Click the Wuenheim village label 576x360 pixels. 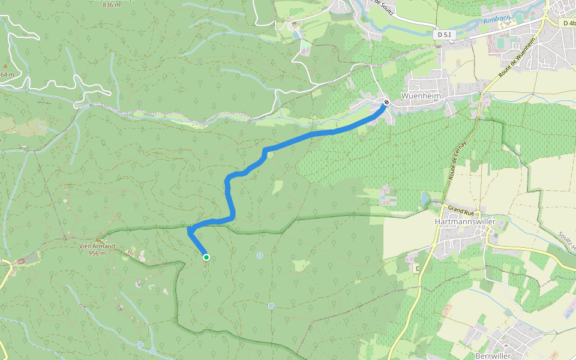point(421,96)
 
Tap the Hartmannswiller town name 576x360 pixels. point(464,221)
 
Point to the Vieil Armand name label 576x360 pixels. point(97,246)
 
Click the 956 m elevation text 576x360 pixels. point(97,253)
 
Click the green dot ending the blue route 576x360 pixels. point(206,257)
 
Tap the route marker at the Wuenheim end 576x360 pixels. point(386,102)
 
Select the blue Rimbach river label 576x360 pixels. point(497,19)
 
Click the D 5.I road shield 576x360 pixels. point(444,35)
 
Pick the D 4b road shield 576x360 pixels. point(569,23)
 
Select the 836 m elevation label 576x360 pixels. point(112,5)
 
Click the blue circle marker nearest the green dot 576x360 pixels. point(260,256)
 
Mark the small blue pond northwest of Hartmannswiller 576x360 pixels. point(425,197)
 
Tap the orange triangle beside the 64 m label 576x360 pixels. point(5,65)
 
